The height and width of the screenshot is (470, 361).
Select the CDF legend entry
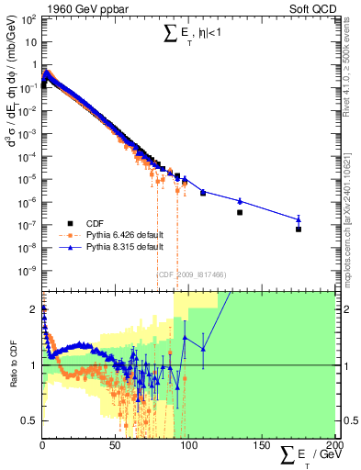[x=95, y=223]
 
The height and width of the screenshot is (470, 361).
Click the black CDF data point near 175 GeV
[x=299, y=229]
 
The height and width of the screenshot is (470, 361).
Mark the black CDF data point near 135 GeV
[x=240, y=212]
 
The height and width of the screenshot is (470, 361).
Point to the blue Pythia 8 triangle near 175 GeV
[x=299, y=218]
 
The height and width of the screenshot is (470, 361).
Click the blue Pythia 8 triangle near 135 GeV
[x=240, y=200]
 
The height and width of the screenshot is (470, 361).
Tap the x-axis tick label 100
[x=187, y=445]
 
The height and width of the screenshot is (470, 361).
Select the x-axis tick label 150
[x=261, y=445]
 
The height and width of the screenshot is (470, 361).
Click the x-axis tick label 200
[x=333, y=445]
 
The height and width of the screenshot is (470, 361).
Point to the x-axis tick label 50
[x=115, y=445]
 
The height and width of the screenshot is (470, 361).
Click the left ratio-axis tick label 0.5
[x=28, y=420]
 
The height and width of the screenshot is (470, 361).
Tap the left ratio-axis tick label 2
[x=34, y=309]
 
